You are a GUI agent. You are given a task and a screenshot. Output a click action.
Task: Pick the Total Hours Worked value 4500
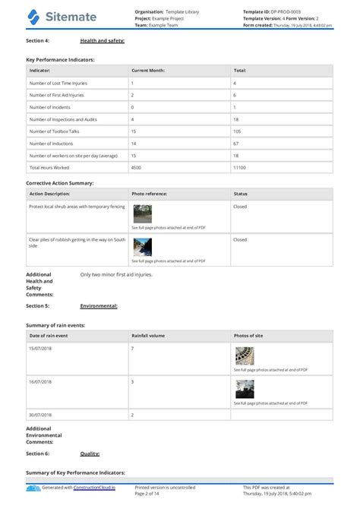(x=136, y=166)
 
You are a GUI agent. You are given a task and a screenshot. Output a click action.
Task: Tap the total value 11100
(x=241, y=166)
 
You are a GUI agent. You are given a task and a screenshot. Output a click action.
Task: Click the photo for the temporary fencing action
(x=142, y=213)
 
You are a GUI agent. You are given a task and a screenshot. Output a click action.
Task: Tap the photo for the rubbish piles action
(x=142, y=247)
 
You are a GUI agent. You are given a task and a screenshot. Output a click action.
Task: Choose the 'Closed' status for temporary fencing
(x=240, y=206)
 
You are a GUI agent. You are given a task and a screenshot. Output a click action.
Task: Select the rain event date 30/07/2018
(x=40, y=415)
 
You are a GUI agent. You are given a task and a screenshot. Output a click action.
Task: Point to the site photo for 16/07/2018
(x=245, y=389)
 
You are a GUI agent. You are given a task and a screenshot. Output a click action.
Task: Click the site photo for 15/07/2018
(x=245, y=356)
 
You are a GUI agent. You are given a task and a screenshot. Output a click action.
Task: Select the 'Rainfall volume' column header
(x=150, y=335)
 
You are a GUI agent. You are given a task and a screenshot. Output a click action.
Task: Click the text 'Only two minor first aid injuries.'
(x=116, y=273)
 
